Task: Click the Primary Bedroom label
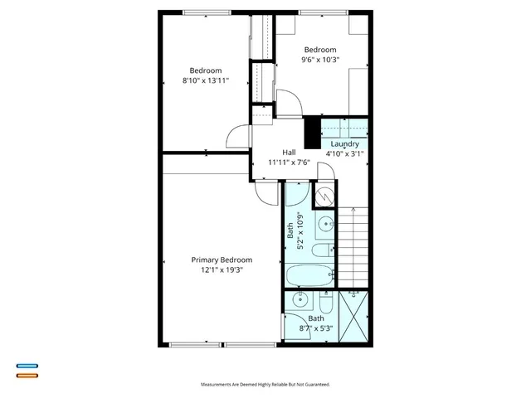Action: (x=222, y=260)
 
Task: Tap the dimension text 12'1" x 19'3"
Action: (x=222, y=269)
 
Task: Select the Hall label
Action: (x=289, y=153)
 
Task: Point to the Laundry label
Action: (x=344, y=143)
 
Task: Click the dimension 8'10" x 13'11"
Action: (x=205, y=80)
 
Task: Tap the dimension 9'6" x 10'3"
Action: (x=320, y=59)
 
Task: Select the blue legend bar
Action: (x=27, y=366)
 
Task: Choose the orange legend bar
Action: (x=27, y=376)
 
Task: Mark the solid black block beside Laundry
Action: (x=312, y=131)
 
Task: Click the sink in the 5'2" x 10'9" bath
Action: (x=326, y=222)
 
